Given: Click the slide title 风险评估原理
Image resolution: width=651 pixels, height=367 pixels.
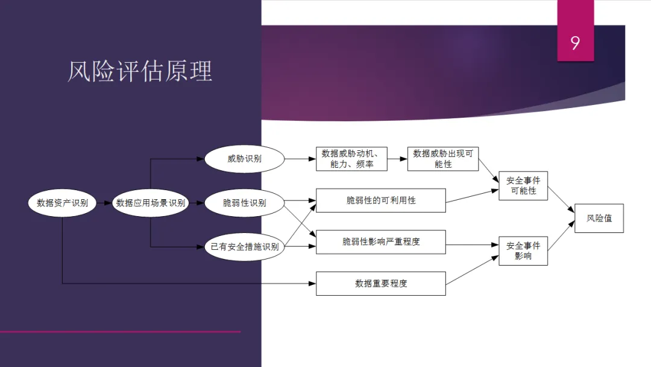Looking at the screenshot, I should click(140, 72).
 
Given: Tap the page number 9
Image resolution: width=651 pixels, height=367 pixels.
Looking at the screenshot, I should click(575, 43).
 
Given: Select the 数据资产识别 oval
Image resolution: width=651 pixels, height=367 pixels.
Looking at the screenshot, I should click(63, 203).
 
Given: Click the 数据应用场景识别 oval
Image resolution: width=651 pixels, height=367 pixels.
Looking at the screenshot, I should click(151, 203).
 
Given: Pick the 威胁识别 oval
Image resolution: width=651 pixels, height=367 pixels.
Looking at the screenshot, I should click(244, 159).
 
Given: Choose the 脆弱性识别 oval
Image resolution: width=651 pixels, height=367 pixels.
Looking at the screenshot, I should click(244, 203).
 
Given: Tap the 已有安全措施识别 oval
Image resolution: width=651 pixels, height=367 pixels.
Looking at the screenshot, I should click(244, 246).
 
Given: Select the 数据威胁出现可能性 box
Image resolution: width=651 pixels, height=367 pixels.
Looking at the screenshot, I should click(443, 159).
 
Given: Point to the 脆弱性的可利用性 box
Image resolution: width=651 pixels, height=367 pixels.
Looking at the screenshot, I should click(381, 200).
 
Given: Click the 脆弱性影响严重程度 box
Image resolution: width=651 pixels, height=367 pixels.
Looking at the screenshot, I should click(381, 241).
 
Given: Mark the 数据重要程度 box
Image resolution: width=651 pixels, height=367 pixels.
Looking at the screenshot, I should click(381, 283).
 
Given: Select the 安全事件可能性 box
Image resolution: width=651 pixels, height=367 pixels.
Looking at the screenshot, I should click(523, 186).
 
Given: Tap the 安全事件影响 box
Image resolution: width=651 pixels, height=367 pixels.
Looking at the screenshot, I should click(523, 251).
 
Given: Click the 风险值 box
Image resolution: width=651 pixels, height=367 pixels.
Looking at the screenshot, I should click(599, 218).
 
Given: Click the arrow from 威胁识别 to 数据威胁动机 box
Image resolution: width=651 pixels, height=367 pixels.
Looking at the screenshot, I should click(300, 159).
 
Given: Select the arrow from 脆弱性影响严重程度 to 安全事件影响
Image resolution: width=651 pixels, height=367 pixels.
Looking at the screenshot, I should click(473, 245).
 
